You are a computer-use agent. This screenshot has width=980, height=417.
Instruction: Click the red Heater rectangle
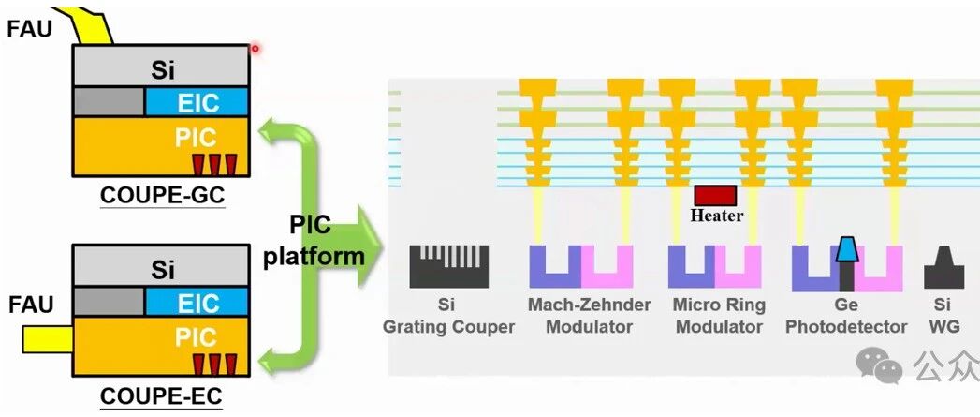(x=716, y=195)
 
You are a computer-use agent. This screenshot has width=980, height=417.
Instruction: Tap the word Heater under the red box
(x=716, y=216)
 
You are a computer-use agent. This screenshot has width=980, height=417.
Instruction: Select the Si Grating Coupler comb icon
(x=448, y=266)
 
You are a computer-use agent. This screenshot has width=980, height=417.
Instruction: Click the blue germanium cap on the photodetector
(x=847, y=248)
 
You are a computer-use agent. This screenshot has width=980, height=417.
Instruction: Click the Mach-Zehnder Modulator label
(x=590, y=316)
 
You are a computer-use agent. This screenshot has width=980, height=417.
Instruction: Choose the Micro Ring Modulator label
(x=720, y=316)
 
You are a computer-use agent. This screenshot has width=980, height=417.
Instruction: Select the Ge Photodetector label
(x=845, y=316)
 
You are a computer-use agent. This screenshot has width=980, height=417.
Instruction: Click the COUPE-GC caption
(x=163, y=196)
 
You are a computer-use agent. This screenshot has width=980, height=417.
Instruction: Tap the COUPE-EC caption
(x=161, y=396)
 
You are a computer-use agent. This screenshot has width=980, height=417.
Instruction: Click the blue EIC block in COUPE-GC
(x=197, y=101)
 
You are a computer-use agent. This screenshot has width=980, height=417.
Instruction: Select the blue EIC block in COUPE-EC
(x=197, y=303)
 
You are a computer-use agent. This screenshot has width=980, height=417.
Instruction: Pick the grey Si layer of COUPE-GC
(x=161, y=66)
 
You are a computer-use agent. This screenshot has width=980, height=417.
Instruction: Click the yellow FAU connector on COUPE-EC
(x=48, y=338)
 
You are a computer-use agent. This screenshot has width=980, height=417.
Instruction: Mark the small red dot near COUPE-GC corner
(x=255, y=48)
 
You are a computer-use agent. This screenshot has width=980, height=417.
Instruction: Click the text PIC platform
(x=313, y=241)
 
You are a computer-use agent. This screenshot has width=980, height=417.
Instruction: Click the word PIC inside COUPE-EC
(x=196, y=338)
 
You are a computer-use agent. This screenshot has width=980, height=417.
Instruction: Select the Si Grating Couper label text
(x=448, y=316)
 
